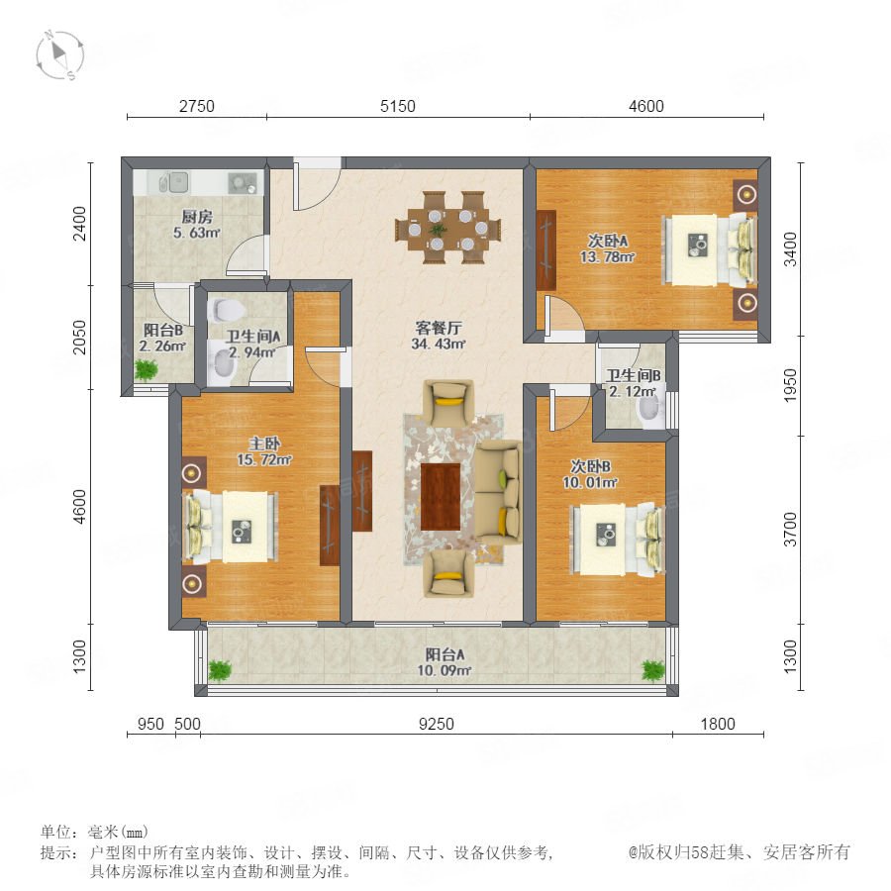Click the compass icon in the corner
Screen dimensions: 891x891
coord(59,55)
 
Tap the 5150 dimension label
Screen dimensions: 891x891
coord(398,106)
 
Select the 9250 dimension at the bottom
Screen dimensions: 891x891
coord(437,724)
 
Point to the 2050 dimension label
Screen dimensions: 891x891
coord(80,338)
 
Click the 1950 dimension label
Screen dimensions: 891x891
coord(790,386)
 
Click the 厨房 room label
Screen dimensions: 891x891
coord(197,217)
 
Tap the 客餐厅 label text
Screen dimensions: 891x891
coord(439,328)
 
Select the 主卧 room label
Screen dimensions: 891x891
coord(264,444)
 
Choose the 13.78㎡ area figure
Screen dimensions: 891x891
coord(607,256)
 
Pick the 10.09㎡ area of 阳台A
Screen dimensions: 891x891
coord(445,670)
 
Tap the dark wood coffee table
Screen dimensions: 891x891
coord(440,496)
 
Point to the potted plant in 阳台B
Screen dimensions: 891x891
coord(147,370)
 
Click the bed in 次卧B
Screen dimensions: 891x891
coord(617,539)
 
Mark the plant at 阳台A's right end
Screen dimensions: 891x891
coord(653,670)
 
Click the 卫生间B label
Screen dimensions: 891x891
coord(633,375)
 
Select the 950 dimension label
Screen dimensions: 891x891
coord(151,724)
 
